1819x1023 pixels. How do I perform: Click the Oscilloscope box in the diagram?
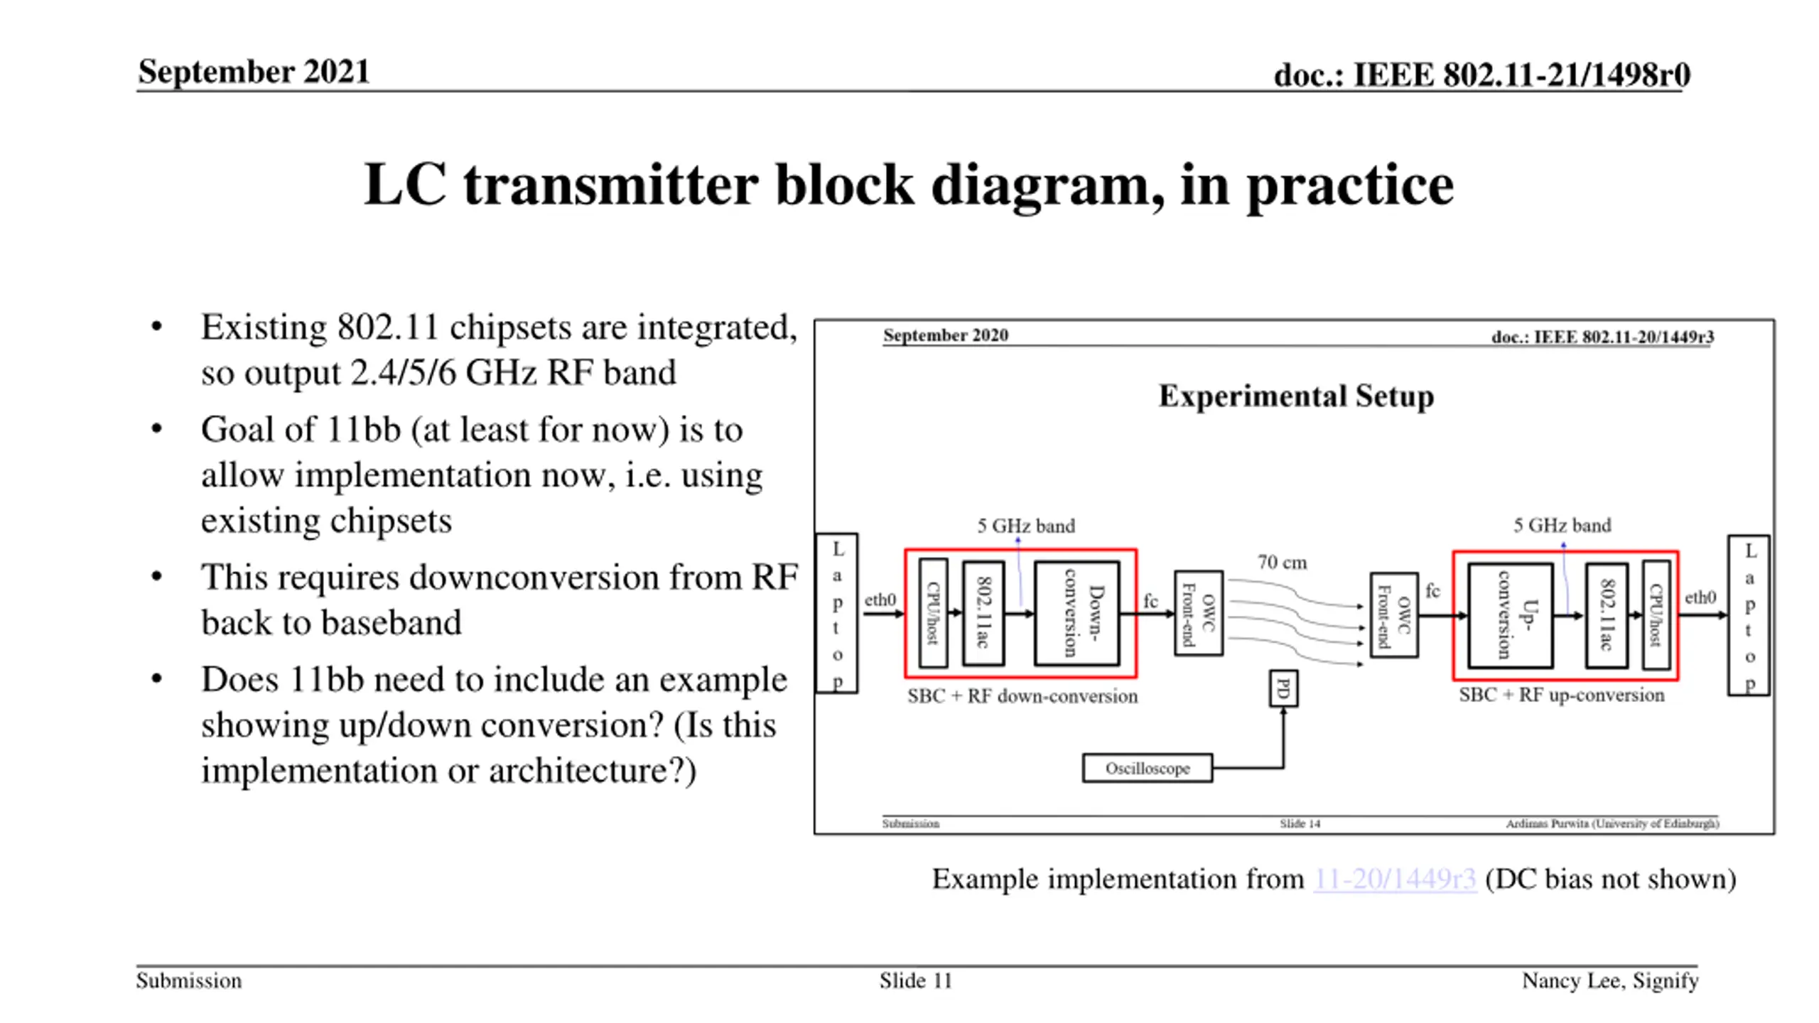[x=1147, y=768]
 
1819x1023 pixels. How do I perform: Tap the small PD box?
[x=1283, y=688]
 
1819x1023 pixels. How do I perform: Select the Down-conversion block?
[x=1077, y=613]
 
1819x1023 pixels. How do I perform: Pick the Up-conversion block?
[x=1510, y=615]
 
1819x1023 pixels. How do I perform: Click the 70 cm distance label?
[x=1282, y=563]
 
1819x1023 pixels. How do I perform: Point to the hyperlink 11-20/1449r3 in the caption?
[x=1394, y=879]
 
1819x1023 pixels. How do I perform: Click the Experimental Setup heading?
[x=1296, y=396]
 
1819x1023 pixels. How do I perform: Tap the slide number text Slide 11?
[x=915, y=981]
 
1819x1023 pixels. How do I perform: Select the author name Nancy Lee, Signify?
[x=1609, y=981]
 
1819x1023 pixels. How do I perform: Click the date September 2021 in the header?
[x=254, y=72]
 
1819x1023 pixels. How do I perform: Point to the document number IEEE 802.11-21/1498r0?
[x=1521, y=75]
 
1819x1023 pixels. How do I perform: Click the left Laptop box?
[x=837, y=613]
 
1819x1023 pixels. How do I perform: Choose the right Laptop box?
[x=1749, y=615]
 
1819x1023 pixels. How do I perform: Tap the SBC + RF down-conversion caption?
[x=1022, y=696]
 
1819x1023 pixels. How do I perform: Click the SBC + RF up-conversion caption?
[x=1561, y=695]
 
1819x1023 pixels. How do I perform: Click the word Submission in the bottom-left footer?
[x=189, y=981]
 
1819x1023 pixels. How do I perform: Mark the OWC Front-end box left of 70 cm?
[x=1198, y=613]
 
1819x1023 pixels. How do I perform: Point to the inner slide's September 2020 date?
[x=945, y=335]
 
